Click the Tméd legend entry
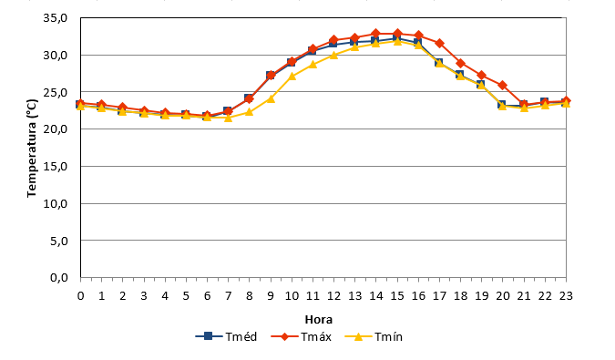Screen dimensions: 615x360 tap(226, 337)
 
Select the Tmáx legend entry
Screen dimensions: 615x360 tap(302, 337)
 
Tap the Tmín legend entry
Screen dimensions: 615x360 tap(374, 337)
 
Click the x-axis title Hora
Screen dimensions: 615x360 tap(319, 320)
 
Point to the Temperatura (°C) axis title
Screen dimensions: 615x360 tap(32, 149)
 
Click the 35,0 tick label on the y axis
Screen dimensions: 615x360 tap(56, 18)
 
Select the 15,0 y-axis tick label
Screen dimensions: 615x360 tap(56, 166)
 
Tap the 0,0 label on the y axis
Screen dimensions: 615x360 tap(59, 278)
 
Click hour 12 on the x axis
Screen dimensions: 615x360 tap(333, 295)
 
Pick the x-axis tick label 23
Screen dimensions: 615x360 tap(566, 295)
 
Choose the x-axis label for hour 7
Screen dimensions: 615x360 tap(229, 295)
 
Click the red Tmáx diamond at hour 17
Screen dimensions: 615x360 tap(440, 43)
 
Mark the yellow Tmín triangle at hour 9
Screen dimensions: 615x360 tap(271, 98)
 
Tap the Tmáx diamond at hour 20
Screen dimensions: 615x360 tap(503, 85)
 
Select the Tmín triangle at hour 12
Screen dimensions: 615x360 tap(333, 55)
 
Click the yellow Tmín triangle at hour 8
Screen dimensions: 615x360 tap(249, 112)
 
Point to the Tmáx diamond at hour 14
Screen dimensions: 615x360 tap(376, 34)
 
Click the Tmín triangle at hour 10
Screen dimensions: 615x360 tap(292, 76)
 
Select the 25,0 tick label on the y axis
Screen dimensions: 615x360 tap(56, 92)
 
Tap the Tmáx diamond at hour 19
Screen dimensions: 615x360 tap(482, 76)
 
